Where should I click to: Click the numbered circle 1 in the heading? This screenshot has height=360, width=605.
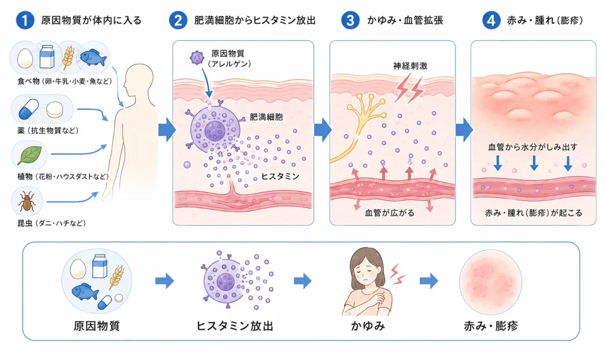(25, 20)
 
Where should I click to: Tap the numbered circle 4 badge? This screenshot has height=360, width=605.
(491, 20)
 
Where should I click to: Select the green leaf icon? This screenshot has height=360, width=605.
(29, 155)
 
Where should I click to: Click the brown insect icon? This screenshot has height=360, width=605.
(27, 201)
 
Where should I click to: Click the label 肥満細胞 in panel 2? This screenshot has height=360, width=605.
(266, 117)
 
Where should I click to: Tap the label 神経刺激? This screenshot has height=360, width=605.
(410, 66)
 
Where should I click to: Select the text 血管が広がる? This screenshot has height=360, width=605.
(389, 213)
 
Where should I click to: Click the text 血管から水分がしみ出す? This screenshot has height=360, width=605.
(533, 147)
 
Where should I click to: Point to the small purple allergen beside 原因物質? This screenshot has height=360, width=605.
(197, 58)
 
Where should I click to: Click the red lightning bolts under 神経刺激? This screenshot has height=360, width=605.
(409, 89)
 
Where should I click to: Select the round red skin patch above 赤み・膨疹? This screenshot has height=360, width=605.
(490, 281)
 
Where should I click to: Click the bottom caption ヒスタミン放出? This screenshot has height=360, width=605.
(235, 326)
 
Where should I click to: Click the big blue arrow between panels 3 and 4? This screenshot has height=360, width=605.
(464, 130)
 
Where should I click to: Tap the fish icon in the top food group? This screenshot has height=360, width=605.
(93, 58)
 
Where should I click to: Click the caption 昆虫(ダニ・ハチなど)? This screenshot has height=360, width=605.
(51, 223)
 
